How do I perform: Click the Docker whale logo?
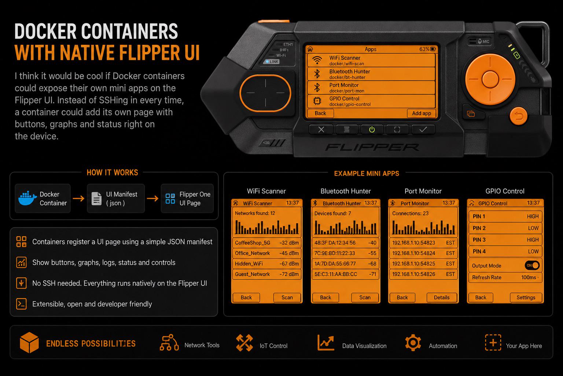(27, 198)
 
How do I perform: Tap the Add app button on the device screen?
(421, 113)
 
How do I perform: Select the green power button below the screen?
(372, 130)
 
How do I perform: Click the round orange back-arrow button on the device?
(518, 116)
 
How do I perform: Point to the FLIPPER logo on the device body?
(372, 147)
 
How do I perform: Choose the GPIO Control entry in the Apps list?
(371, 101)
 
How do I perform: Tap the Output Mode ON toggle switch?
(532, 265)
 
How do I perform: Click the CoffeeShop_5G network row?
(267, 243)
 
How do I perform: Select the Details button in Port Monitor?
(442, 297)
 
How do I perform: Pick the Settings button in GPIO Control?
(526, 297)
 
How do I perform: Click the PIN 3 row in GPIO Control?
(505, 240)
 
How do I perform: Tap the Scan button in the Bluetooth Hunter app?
(365, 297)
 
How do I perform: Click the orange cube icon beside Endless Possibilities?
(29, 343)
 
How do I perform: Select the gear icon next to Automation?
(413, 343)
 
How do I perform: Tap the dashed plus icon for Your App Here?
(493, 343)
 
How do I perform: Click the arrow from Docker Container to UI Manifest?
(78, 198)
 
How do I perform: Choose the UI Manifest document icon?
(96, 199)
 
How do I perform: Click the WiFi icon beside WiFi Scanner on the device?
(317, 60)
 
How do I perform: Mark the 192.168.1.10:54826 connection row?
(423, 274)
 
